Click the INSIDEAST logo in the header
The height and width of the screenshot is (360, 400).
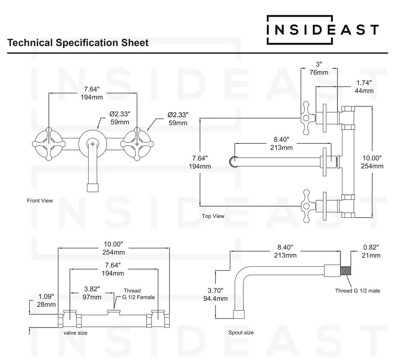click(x=322, y=29)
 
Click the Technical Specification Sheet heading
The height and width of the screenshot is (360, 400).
click(x=78, y=43)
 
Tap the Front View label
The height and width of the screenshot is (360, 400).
click(x=40, y=201)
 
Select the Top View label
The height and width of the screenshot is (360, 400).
click(x=213, y=216)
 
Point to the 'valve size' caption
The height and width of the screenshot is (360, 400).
click(x=75, y=333)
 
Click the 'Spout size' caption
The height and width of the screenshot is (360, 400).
click(x=241, y=333)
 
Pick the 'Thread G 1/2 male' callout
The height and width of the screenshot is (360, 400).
click(x=357, y=290)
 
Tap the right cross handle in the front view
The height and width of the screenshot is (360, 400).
click(x=137, y=144)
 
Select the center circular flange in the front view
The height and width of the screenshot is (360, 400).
click(x=93, y=144)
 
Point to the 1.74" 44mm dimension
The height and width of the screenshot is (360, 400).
click(x=364, y=87)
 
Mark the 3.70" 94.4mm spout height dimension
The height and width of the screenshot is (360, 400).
click(x=215, y=294)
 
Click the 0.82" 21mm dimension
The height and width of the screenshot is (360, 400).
click(x=371, y=251)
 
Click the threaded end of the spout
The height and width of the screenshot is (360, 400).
click(x=346, y=270)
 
